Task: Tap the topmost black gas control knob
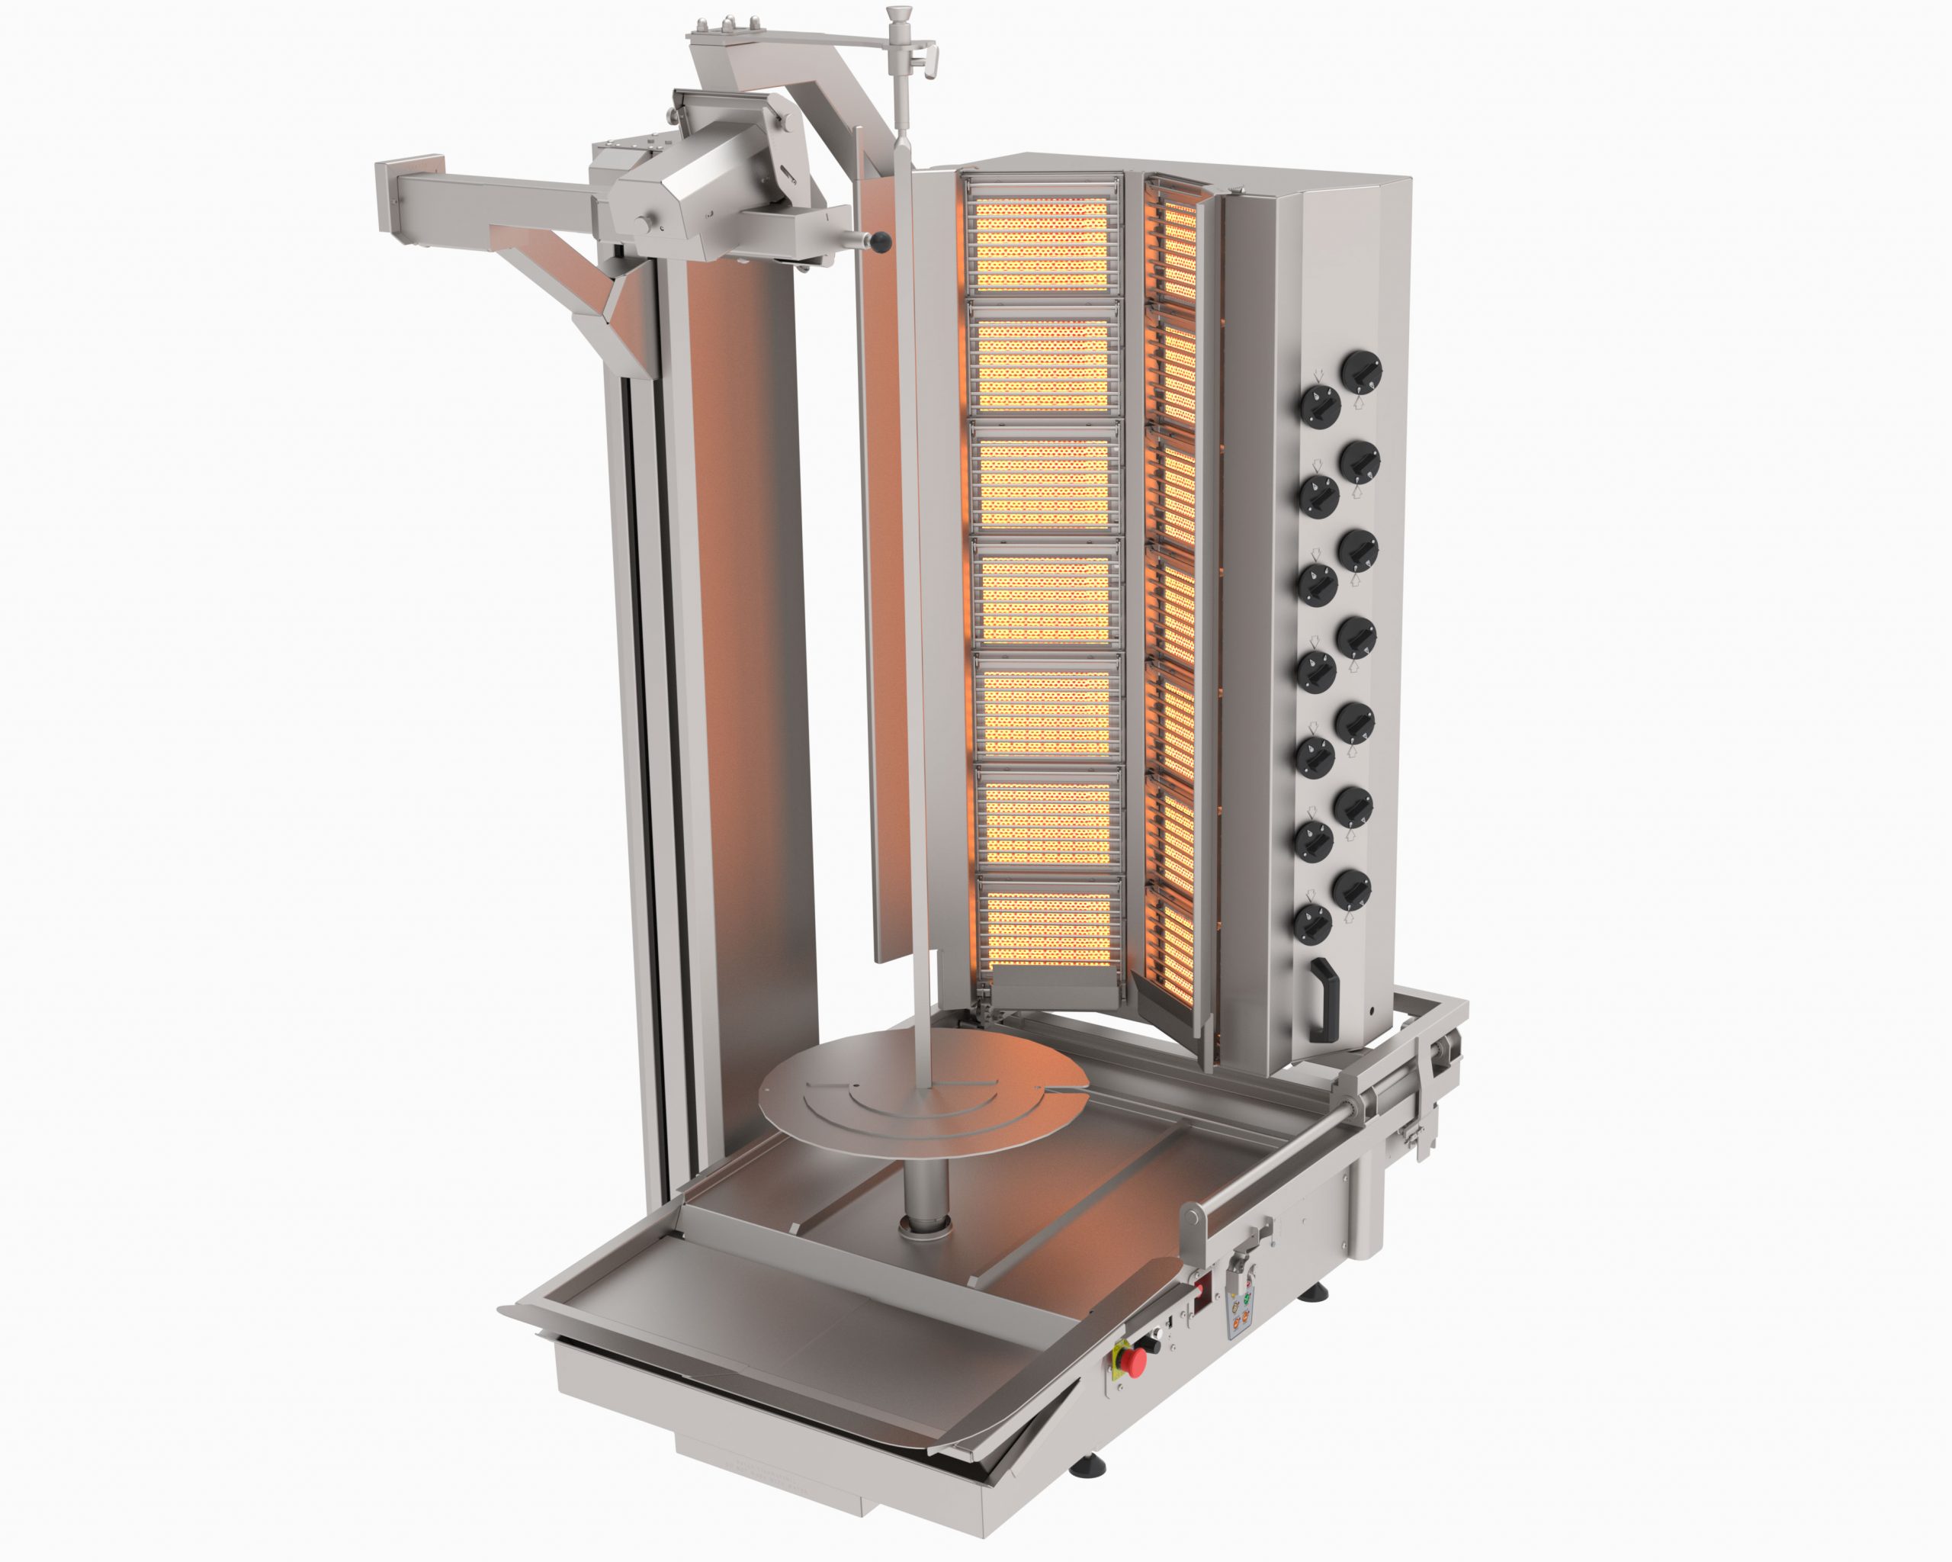pyautogui.click(x=1361, y=372)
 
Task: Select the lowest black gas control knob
pyautogui.click(x=1312, y=924)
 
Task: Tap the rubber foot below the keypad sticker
pyautogui.click(x=1314, y=1294)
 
